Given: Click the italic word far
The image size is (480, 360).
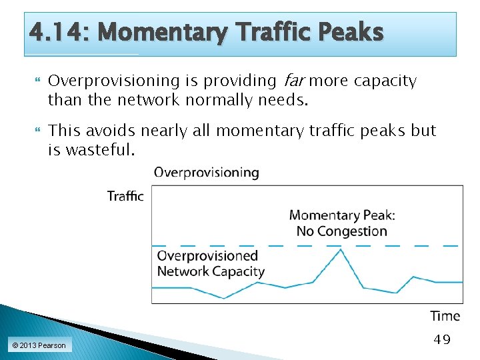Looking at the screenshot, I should click(293, 81).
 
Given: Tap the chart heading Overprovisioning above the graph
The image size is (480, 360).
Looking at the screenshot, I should click(207, 172).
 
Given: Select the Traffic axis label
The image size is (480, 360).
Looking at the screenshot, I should click(125, 196).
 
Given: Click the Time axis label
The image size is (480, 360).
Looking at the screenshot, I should click(445, 316).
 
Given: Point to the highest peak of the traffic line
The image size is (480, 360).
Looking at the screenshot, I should click(341, 249).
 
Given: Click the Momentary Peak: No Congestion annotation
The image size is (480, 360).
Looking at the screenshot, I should click(341, 223).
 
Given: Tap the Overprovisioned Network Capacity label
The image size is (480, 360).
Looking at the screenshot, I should click(211, 263).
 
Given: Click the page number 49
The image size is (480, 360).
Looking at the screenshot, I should click(442, 340).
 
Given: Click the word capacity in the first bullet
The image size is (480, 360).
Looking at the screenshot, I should click(385, 81).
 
